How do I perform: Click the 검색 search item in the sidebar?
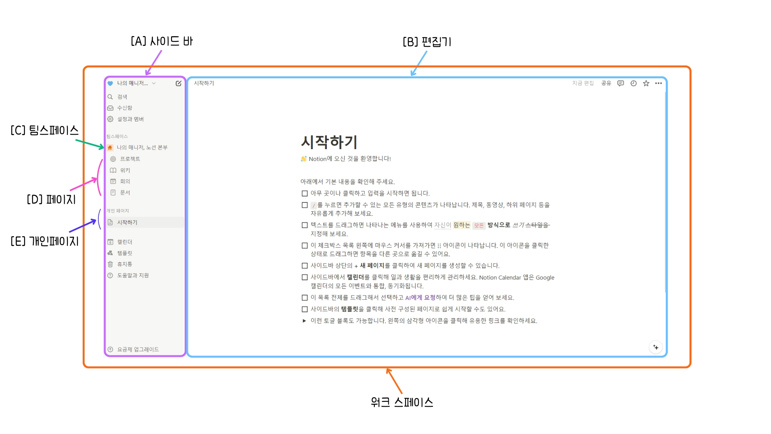tap(122, 97)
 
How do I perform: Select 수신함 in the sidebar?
tap(124, 108)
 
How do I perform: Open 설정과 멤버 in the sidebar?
tap(130, 119)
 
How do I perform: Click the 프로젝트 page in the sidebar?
tap(130, 159)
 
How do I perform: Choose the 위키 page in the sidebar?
tap(125, 170)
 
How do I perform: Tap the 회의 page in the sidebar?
tap(125, 181)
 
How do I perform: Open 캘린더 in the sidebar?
tap(124, 242)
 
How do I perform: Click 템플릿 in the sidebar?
tap(124, 253)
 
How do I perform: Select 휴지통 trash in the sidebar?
tap(124, 264)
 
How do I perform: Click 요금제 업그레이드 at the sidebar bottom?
tap(137, 349)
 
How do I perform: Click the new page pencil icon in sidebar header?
tap(178, 83)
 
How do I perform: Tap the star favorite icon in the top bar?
tap(646, 83)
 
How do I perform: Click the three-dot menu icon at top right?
tap(659, 83)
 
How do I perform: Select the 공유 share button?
tap(606, 83)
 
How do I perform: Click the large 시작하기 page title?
tap(329, 142)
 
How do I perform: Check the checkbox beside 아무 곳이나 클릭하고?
tap(305, 193)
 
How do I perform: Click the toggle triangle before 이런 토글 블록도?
tap(304, 321)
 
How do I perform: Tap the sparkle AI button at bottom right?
tap(656, 347)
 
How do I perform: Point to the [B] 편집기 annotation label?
tap(427, 42)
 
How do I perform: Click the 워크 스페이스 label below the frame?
tap(402, 402)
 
